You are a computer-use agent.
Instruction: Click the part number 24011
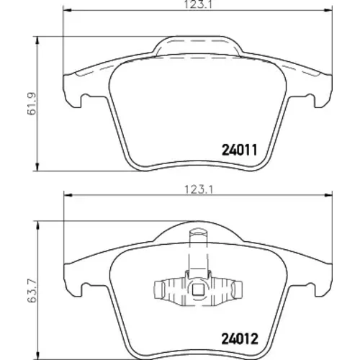(x=240, y=150)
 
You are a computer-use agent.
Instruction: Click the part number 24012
(x=240, y=338)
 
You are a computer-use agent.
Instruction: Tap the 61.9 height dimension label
(x=32, y=104)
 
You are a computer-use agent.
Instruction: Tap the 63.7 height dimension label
(x=32, y=291)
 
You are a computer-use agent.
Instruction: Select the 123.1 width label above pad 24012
(x=199, y=190)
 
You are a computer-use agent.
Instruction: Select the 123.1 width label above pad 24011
(x=199, y=4)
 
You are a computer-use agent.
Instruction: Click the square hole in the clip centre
(x=198, y=289)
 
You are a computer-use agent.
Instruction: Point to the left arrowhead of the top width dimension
(x=67, y=10)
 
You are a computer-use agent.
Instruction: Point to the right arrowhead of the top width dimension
(x=328, y=10)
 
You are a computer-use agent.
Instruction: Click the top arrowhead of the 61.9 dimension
(x=37, y=40)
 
